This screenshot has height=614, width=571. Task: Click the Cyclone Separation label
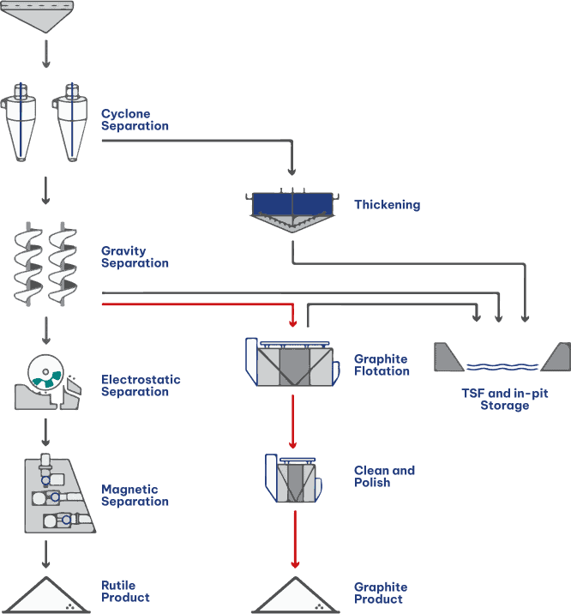pyautogui.click(x=135, y=120)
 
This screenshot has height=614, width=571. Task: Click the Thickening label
pyautogui.click(x=388, y=205)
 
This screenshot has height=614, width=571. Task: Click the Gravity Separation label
pyautogui.click(x=135, y=257)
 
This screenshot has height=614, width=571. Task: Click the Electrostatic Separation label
pyautogui.click(x=141, y=386)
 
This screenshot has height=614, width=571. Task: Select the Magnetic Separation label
pyautogui.click(x=135, y=496)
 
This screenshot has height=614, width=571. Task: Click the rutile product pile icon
pyautogui.click(x=46, y=596)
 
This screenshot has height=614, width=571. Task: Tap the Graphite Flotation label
pyautogui.click(x=382, y=365)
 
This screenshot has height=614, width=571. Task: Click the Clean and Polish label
pyautogui.click(x=384, y=477)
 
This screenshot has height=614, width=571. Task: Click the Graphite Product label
pyautogui.click(x=381, y=593)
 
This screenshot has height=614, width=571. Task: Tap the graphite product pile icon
pyautogui.click(x=294, y=596)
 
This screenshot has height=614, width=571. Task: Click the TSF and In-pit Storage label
pyautogui.click(x=504, y=400)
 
